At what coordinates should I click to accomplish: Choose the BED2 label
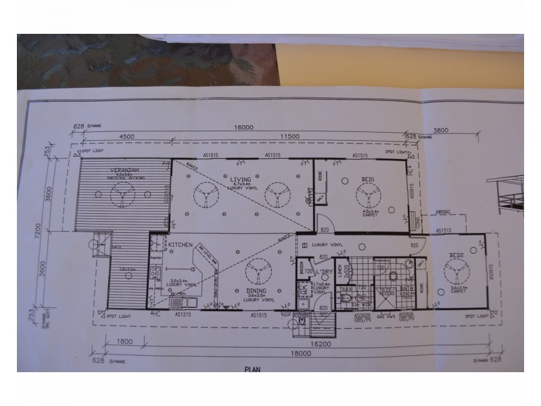[x=457, y=256]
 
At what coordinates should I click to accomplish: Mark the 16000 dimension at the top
[x=244, y=127]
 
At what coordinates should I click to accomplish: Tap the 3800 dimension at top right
[x=460, y=130]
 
